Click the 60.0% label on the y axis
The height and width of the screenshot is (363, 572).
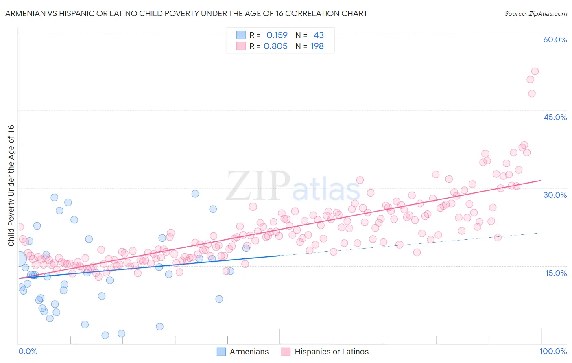click(555, 39)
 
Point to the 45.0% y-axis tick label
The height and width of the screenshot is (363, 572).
click(555, 117)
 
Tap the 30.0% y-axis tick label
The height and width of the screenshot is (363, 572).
click(555, 195)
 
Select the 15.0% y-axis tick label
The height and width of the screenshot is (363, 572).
click(556, 273)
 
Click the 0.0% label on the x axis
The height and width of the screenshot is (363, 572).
click(28, 351)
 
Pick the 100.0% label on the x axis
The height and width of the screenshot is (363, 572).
click(553, 351)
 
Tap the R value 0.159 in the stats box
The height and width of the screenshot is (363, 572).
click(277, 35)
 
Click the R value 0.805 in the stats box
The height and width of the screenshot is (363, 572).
click(275, 46)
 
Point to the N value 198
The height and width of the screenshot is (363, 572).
click(317, 46)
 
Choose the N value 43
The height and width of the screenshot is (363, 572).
click(319, 35)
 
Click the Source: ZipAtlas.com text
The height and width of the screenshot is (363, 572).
click(535, 13)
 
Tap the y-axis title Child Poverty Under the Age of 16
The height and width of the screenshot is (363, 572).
click(11, 185)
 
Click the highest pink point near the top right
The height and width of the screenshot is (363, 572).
click(535, 71)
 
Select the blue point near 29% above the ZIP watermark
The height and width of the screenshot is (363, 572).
click(195, 194)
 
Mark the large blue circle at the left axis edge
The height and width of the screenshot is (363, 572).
click(19, 258)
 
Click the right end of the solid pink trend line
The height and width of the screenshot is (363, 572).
click(541, 180)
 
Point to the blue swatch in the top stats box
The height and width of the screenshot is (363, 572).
click(241, 35)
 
